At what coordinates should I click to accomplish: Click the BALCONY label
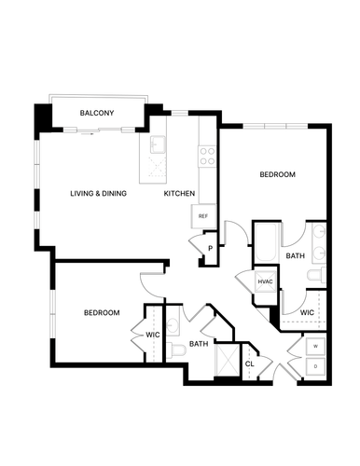97,113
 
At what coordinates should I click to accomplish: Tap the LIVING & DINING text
98,193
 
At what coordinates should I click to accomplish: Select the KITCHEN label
179,193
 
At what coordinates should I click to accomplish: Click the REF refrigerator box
203,216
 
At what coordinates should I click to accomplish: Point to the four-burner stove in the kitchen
207,157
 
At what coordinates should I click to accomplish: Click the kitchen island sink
159,144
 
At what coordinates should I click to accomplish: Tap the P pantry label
211,249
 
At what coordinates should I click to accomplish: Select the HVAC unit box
265,281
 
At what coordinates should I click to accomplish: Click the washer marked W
315,347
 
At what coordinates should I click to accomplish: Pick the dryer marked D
315,366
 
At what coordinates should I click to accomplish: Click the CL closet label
250,363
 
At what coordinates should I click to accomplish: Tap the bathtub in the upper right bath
266,243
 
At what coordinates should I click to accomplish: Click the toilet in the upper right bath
316,275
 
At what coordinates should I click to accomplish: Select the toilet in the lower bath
176,350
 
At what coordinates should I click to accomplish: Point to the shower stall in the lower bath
228,360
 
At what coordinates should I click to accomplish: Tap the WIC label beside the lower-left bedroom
153,335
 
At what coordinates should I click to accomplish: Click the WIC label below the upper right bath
307,312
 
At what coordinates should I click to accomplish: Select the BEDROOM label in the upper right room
277,174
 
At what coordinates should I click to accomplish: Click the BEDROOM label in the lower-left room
102,312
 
